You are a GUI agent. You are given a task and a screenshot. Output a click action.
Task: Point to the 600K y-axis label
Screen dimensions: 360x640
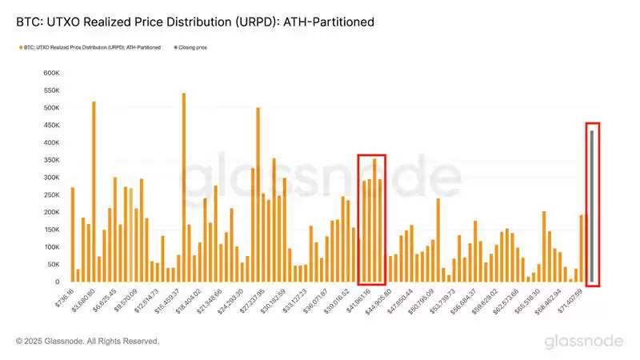coord(50,73)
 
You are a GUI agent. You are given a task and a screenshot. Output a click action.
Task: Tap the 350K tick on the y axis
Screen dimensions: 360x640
coord(50,160)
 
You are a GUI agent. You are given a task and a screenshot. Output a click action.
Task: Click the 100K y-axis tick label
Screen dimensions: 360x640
coord(50,247)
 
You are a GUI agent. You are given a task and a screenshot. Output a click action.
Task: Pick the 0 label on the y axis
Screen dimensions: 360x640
coord(57,282)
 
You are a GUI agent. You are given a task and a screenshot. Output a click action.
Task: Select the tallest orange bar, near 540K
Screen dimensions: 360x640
coord(184,188)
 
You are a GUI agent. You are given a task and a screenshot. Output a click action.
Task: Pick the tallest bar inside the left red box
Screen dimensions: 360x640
coord(374,221)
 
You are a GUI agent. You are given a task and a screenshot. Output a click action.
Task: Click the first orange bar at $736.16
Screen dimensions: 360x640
coord(72,235)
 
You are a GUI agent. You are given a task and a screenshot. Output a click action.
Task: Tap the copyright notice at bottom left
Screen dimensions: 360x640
coord(87,342)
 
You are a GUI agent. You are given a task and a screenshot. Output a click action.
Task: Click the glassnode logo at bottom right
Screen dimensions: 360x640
coord(584,342)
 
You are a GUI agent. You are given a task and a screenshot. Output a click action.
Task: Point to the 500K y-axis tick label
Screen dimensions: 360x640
coord(50,108)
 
